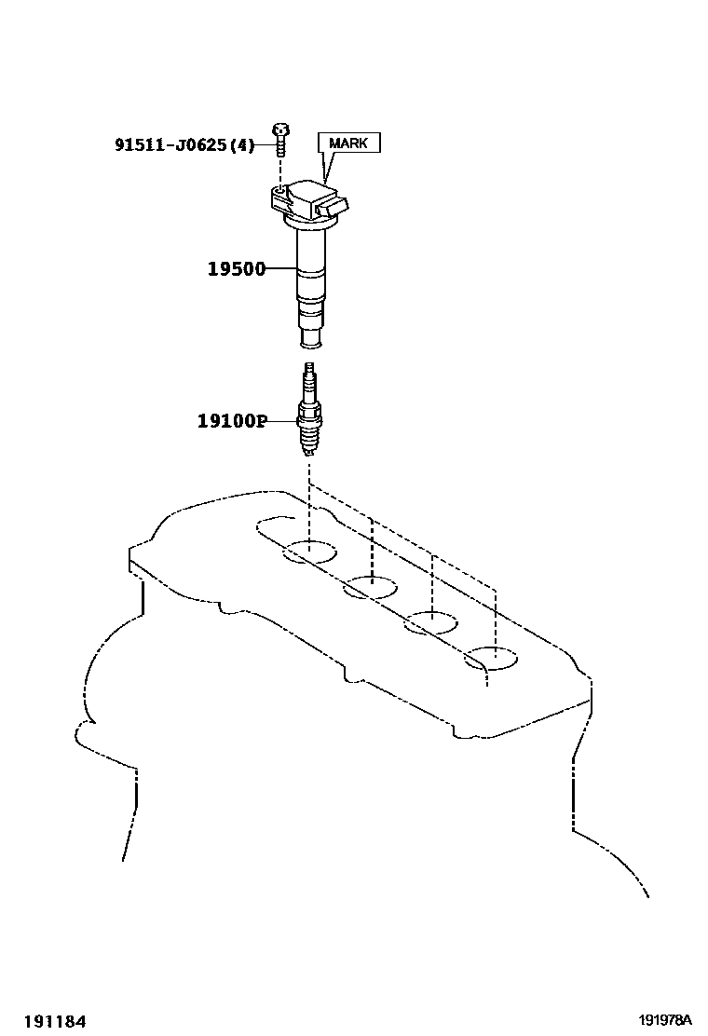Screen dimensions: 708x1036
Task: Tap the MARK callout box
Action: coord(349,143)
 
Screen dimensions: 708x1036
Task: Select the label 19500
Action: coord(236,269)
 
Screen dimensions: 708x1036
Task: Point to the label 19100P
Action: coord(231,421)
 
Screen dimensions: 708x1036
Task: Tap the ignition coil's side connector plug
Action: coord(339,205)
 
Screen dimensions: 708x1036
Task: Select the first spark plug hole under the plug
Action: coord(310,552)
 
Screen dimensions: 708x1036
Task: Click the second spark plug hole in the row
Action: coord(371,587)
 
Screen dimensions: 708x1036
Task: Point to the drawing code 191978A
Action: coord(669,1021)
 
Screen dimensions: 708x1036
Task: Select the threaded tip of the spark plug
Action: coord(310,446)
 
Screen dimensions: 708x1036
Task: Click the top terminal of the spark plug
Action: coord(310,372)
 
